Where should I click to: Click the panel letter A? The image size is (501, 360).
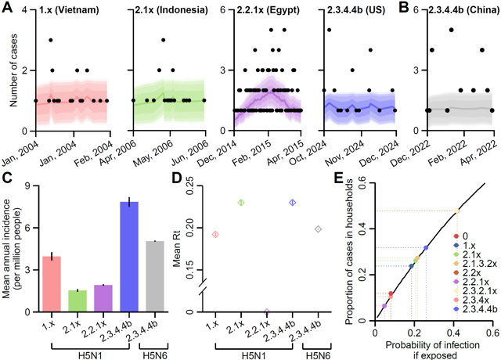pos(6,7)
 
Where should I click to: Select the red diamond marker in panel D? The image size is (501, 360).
pos(214,234)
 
